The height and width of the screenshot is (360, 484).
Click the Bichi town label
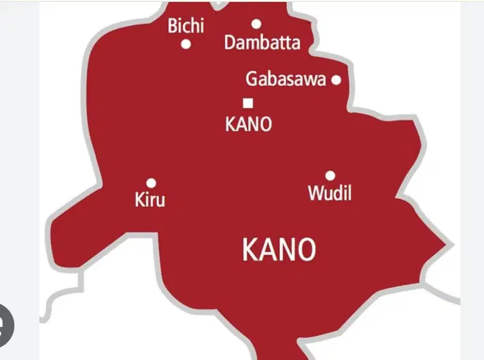tap(186, 26)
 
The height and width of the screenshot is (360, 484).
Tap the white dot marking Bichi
tap(186, 45)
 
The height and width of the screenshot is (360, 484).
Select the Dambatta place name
tap(262, 43)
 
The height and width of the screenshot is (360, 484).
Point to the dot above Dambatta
tap(256, 24)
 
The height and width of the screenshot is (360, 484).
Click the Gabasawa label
tap(286, 80)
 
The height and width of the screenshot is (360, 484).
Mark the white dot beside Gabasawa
tap(336, 80)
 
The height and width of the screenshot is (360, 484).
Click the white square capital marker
tap(248, 102)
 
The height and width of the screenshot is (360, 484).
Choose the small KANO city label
tap(249, 124)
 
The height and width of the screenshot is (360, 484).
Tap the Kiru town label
tap(150, 200)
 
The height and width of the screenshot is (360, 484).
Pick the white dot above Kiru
tap(151, 183)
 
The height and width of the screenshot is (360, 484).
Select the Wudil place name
tap(329, 193)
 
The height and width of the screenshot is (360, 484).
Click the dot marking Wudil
tap(330, 176)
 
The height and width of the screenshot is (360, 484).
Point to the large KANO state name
tap(279, 250)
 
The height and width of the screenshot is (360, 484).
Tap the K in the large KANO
tap(249, 250)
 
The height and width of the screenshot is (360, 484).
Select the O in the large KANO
tap(307, 250)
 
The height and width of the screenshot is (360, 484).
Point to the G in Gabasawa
tap(252, 80)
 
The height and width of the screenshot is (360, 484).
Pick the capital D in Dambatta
tap(230, 43)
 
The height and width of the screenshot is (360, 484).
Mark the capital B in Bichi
tap(173, 26)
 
